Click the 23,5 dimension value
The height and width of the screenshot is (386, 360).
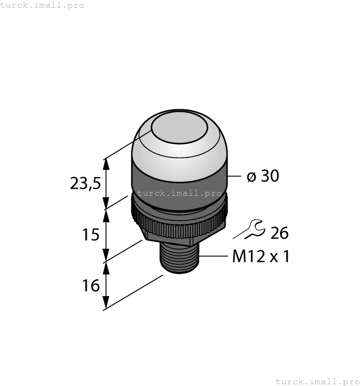tap(85, 183)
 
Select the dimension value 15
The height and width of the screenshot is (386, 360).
tap(90, 234)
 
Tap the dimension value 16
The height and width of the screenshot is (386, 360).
tap(90, 286)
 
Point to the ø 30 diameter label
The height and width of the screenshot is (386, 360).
tap(262, 176)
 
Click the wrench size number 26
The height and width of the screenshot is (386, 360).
tap(279, 233)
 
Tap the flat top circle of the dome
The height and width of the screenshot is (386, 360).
tap(179, 130)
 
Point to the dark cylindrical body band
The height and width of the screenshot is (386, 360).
tap(179, 179)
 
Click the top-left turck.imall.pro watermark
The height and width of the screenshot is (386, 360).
tap(42, 5)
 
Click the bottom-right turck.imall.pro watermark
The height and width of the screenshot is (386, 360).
tap(317, 381)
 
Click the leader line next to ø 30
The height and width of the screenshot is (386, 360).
tap(235, 176)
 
